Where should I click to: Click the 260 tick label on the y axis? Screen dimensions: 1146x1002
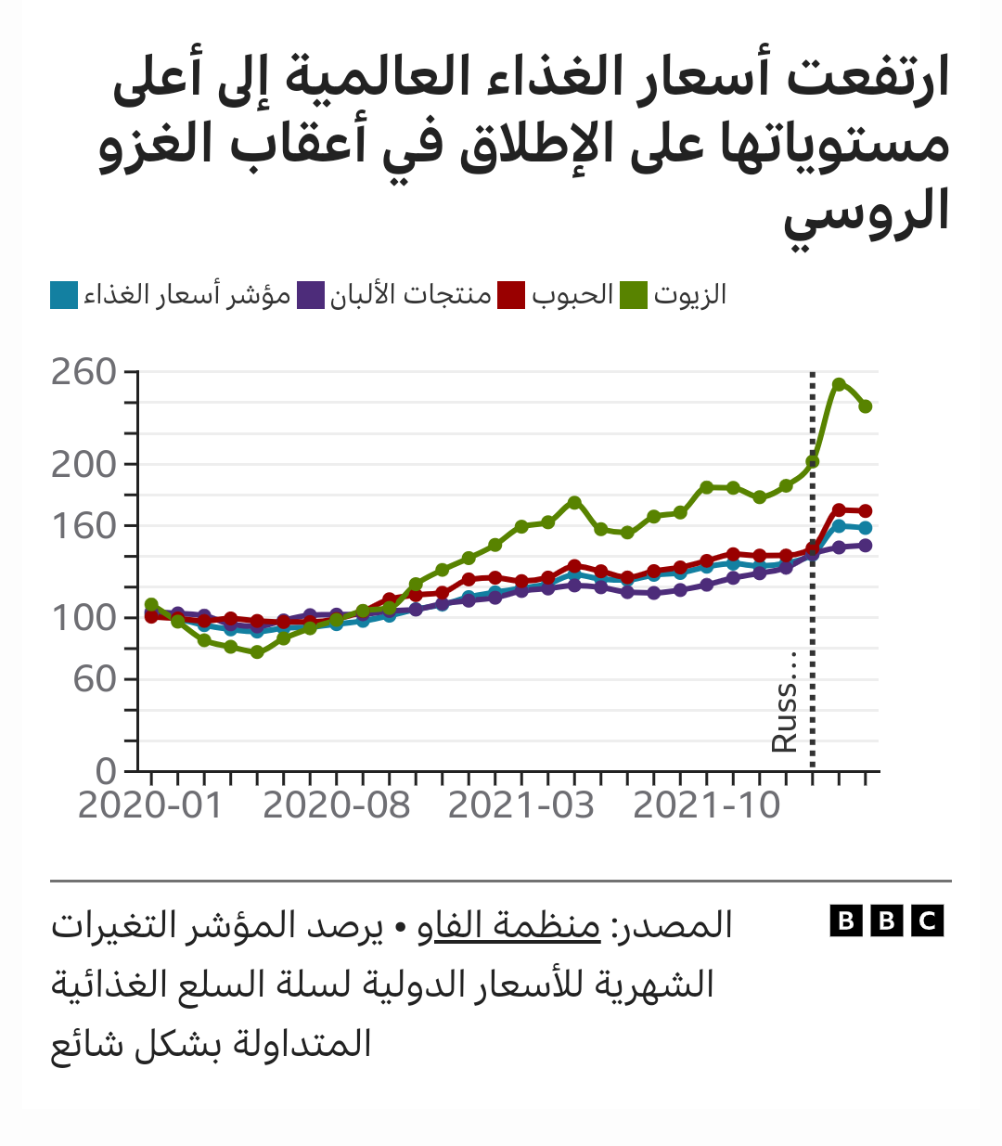pos(83,372)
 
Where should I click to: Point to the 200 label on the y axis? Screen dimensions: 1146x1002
pos(83,464)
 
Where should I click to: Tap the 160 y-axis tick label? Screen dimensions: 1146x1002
pos(83,526)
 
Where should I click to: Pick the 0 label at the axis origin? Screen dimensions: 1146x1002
pos(107,771)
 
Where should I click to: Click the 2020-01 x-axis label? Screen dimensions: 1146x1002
pos(150,805)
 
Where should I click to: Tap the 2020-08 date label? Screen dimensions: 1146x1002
pos(336,805)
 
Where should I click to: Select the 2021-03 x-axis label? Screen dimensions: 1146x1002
pos(520,805)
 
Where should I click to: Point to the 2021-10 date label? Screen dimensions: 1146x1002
pos(706,805)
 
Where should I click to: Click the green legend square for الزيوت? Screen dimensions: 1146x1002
pos(634,296)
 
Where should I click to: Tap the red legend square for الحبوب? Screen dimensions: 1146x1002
pos(511,296)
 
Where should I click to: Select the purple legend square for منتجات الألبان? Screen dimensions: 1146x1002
pos(311,296)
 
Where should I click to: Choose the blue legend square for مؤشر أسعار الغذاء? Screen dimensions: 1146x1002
pos(64,296)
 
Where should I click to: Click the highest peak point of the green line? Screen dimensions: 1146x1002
pos(839,384)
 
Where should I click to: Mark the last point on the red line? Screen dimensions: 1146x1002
pos(866,510)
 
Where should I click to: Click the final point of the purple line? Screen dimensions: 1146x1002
pos(866,546)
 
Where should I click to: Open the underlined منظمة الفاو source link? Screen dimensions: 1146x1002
pos(518,926)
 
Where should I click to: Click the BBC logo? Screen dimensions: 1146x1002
pos(886,921)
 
